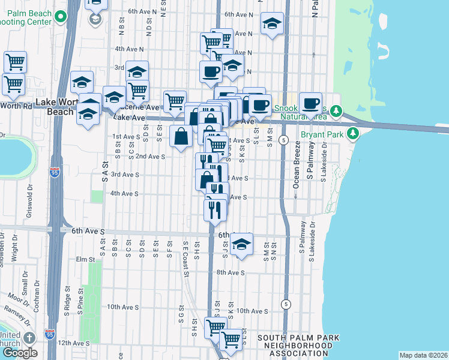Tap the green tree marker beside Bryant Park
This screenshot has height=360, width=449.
tap(354, 133)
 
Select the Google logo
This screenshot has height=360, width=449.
tap(20, 353)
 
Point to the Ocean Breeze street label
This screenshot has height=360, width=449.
tap(296, 175)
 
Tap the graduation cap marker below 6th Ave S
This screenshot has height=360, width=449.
tap(241, 244)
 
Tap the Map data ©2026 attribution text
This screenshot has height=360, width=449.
tap(423, 355)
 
